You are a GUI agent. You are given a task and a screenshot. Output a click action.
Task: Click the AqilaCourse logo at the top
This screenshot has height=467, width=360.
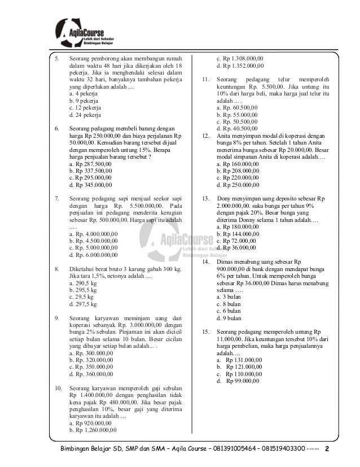pos(90,33)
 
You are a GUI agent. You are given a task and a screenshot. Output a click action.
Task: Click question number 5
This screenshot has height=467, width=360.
pos(55,58)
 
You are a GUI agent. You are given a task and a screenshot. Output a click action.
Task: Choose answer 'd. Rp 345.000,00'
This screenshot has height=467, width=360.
pos(90,185)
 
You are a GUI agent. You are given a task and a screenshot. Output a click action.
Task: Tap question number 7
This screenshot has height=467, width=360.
pos(56,199)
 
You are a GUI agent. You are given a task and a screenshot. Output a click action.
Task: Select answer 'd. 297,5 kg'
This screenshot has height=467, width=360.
pos(83,304)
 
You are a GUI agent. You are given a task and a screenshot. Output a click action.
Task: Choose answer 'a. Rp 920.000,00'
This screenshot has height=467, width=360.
pos(90,423)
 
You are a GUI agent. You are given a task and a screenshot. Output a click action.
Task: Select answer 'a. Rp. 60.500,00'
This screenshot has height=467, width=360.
pos(238,107)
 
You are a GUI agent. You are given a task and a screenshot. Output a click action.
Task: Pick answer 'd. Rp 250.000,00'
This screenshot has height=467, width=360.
pos(238,185)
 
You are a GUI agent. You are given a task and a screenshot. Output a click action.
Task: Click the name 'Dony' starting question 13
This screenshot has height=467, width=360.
pos(225,199)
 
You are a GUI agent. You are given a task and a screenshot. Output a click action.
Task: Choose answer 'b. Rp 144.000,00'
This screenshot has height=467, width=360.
pos(238,233)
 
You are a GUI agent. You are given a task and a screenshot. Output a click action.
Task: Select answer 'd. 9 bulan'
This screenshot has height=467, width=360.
pos(229,318)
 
